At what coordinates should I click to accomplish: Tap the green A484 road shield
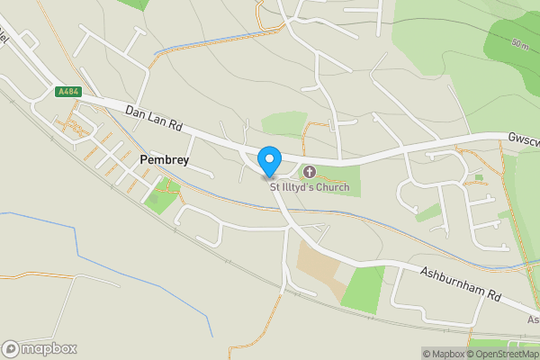coord(67,92)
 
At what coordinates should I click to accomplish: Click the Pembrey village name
coord(163,158)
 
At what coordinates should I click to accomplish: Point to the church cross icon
coord(310,172)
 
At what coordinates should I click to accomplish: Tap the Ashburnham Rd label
coord(459,282)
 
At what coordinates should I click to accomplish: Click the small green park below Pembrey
coord(159,198)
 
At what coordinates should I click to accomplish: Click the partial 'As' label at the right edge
coord(532,319)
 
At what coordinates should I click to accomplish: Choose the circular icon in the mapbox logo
coord(12,348)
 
